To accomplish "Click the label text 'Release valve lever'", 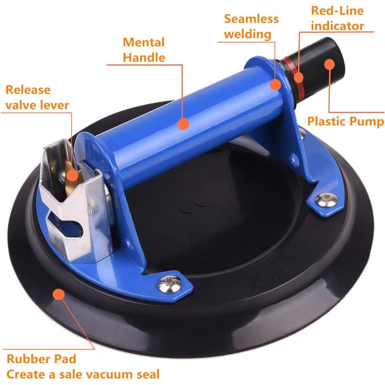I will tap(37, 97).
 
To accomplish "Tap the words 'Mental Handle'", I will tap(144, 50).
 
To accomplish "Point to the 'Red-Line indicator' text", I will tap(337, 18).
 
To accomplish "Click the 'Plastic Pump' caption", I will tap(346, 122).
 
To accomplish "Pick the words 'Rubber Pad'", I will tap(41, 359).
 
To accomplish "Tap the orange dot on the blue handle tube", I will tap(184, 123).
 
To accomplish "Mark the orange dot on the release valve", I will tap(71, 176).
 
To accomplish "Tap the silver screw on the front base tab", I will tap(169, 284).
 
